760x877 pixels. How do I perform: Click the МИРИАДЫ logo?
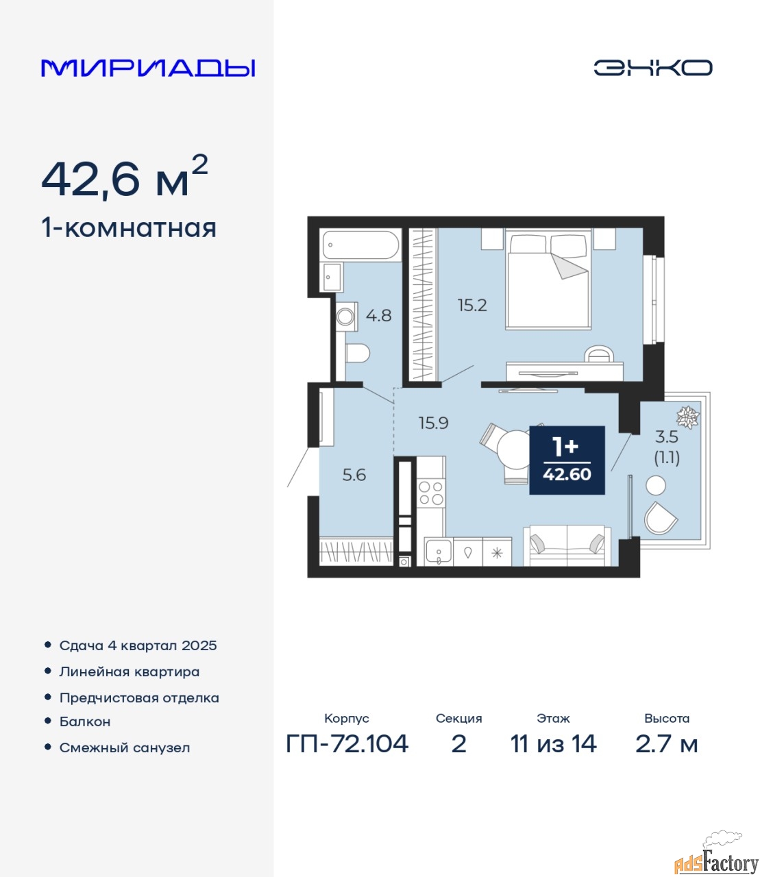(x=148, y=68)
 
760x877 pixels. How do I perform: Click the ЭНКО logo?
(x=652, y=68)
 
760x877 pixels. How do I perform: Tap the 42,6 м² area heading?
(x=125, y=177)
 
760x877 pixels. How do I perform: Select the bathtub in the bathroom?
(x=360, y=245)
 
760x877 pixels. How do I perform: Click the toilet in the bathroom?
(x=357, y=353)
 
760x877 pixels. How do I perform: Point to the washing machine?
(x=346, y=317)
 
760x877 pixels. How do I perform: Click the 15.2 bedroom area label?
(x=472, y=305)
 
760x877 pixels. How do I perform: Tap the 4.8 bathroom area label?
(x=378, y=315)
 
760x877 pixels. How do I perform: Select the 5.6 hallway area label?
(x=354, y=475)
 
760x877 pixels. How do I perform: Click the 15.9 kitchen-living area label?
(x=433, y=423)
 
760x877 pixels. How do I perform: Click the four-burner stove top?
(x=430, y=493)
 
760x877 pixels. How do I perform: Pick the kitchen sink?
(x=439, y=552)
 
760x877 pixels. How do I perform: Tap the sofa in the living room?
(x=567, y=545)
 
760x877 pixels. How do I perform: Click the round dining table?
(x=515, y=449)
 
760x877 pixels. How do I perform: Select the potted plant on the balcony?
(x=687, y=417)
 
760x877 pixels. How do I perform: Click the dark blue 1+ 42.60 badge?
(x=567, y=460)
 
